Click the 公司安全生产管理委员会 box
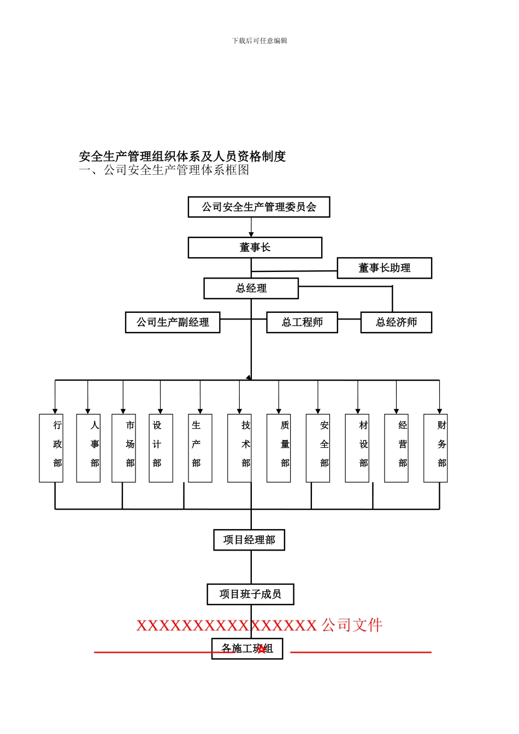click(x=259, y=207)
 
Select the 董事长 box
click(x=255, y=247)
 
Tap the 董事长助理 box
click(x=384, y=268)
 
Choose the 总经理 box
click(x=251, y=288)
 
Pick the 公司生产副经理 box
click(x=173, y=322)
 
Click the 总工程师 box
click(x=302, y=322)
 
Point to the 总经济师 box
click(x=396, y=322)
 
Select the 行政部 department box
click(x=51, y=448)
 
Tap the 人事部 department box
click(x=89, y=448)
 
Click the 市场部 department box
click(x=124, y=448)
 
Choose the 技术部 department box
click(x=240, y=448)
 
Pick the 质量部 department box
click(x=279, y=448)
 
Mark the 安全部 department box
click(x=318, y=448)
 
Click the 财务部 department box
click(x=435, y=448)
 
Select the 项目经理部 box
click(x=249, y=540)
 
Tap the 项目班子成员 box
click(x=250, y=594)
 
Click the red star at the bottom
click(x=262, y=649)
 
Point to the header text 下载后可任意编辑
click(x=259, y=40)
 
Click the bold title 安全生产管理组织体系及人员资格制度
click(x=182, y=156)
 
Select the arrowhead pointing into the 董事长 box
click(x=251, y=234)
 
